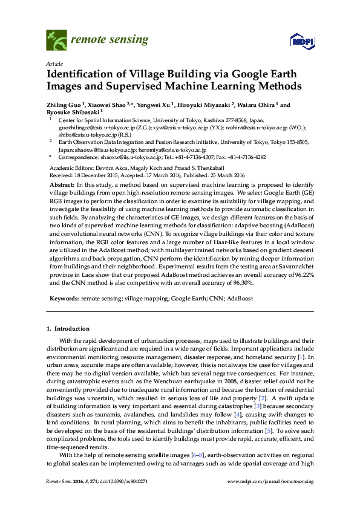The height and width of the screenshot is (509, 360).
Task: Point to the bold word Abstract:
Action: pyautogui.click(x=61, y=183)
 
